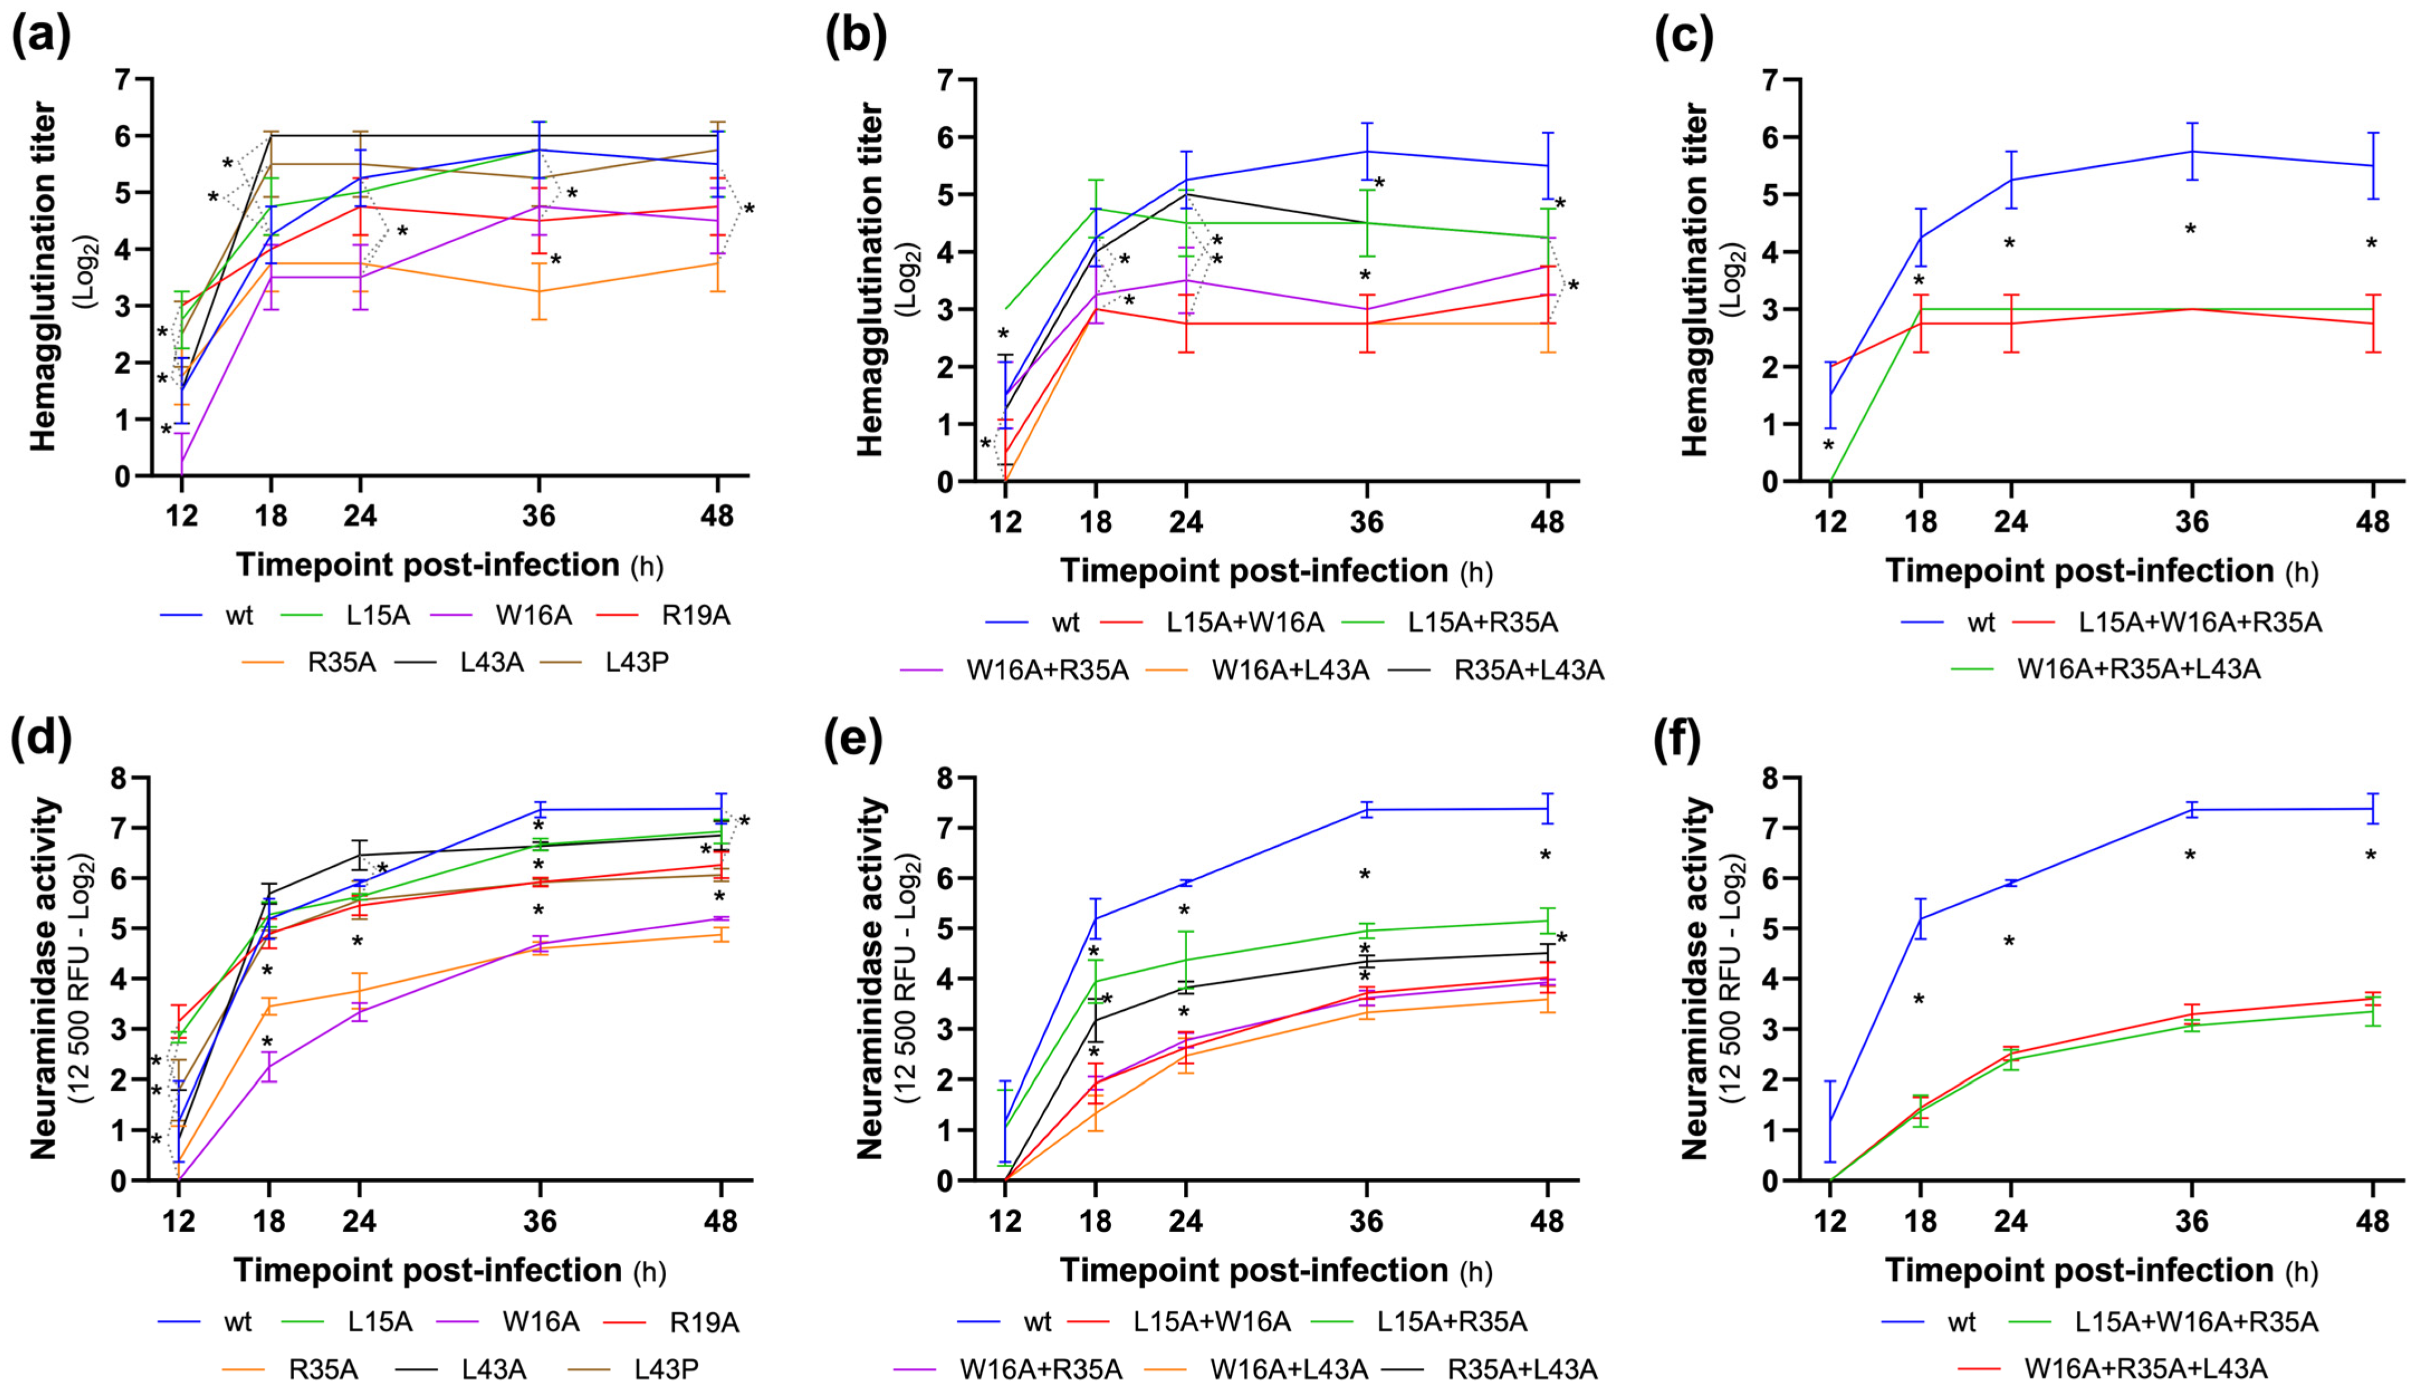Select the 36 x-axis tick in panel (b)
(1367, 522)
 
